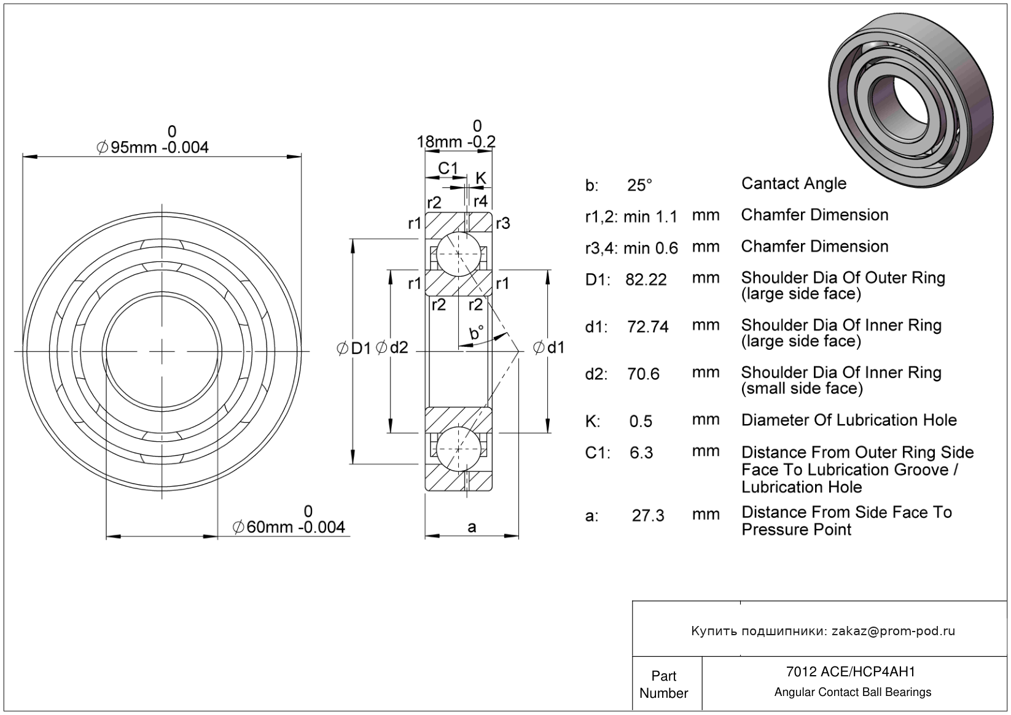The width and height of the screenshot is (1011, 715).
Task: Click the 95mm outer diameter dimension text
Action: (153, 147)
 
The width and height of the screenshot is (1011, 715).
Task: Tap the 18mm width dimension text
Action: (456, 142)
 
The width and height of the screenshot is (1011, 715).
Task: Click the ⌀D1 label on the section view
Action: (354, 349)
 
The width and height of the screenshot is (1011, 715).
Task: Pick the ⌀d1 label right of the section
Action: (548, 348)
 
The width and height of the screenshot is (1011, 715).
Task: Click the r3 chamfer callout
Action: (502, 223)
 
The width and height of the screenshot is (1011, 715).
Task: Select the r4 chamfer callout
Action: (480, 201)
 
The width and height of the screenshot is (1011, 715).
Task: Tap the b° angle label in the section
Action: (476, 333)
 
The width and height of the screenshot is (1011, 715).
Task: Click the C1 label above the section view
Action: (448, 168)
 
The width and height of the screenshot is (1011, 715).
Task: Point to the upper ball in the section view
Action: (458, 254)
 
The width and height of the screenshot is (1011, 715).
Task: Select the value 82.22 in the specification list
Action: (646, 280)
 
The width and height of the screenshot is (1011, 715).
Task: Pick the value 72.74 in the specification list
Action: (647, 327)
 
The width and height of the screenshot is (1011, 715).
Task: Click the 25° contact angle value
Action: (639, 185)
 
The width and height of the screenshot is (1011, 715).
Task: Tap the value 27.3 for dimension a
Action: (648, 516)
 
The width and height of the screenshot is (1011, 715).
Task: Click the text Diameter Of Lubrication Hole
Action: (849, 420)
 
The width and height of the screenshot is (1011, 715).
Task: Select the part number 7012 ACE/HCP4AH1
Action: (853, 672)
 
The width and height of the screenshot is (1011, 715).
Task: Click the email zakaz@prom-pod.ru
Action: (893, 631)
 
